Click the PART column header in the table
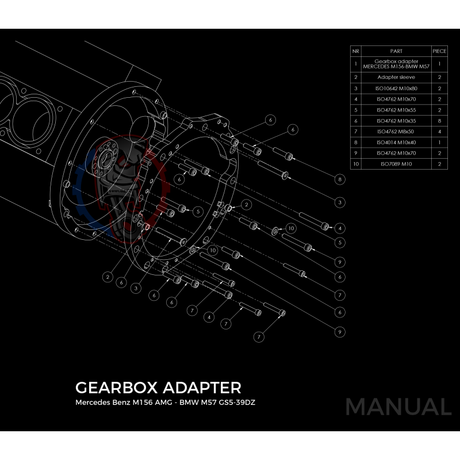(396, 51)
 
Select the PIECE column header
(439, 51)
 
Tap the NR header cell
(356, 51)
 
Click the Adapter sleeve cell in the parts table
(396, 76)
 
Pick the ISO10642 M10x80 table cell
(396, 88)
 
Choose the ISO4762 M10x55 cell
(396, 110)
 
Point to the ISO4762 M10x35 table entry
(396, 121)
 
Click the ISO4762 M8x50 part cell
(396, 132)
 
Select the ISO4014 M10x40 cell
(396, 142)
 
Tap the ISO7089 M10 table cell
(396, 164)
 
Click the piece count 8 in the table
(439, 121)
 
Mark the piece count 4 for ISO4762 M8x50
(439, 132)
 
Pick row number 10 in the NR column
(356, 164)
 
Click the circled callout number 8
(340, 180)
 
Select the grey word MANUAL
(398, 407)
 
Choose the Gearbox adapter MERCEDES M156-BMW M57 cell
(396, 64)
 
